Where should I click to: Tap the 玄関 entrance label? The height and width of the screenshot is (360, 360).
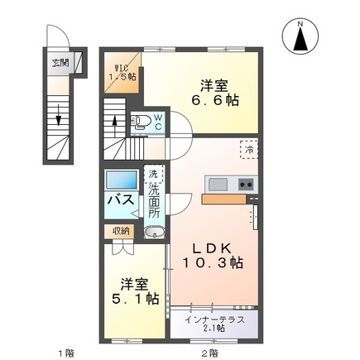click(60, 61)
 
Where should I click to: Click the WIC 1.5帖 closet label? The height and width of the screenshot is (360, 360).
click(122, 72)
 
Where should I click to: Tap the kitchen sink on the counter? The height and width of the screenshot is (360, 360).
click(218, 183)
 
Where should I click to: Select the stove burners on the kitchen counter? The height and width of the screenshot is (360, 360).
click(246, 183)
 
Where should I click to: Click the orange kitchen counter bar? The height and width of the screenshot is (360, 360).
click(223, 199)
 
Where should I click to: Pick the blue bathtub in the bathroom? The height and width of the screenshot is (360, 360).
click(122, 181)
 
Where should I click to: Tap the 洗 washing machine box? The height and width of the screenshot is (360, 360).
click(152, 175)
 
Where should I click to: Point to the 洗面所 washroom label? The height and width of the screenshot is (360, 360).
click(153, 203)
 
